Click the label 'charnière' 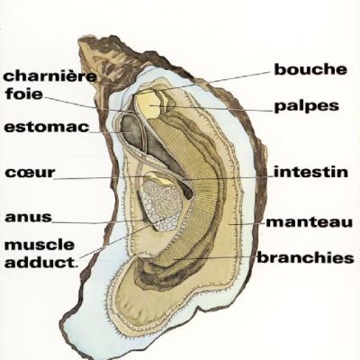50,76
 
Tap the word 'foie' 24,94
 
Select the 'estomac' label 47,127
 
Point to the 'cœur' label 31,173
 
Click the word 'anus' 29,217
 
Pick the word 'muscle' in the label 40,245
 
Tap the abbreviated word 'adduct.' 41,263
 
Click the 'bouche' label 310,69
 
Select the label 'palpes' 307,106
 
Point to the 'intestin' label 310,172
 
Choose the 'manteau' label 309,222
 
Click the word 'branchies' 305,258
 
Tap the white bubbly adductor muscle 162,205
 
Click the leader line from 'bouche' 210,82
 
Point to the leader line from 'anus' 98,222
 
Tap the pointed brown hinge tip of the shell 82,41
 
